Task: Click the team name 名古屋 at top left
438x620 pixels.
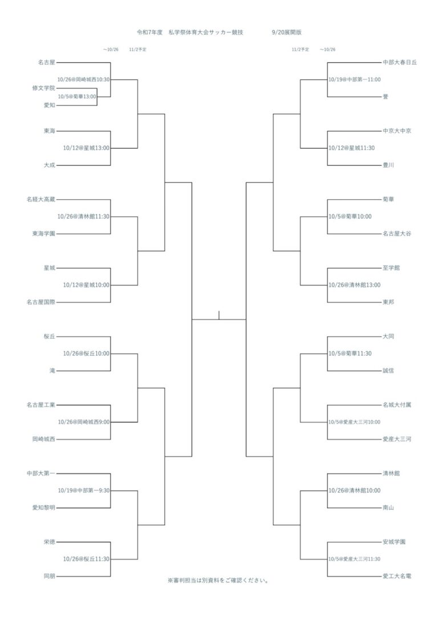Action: point(47,62)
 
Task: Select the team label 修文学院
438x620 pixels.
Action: point(44,88)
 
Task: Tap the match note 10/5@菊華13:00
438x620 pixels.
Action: point(77,96)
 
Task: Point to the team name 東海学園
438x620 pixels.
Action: point(44,233)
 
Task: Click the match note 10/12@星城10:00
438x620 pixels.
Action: point(87,285)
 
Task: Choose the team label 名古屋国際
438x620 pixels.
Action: point(41,302)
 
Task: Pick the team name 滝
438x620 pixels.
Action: point(52,371)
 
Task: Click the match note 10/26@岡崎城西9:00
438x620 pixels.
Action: point(84,422)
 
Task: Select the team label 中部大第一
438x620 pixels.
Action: point(41,473)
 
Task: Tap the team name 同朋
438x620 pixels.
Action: point(50,576)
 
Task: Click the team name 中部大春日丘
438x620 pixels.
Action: point(400,62)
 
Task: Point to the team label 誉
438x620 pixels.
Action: point(386,96)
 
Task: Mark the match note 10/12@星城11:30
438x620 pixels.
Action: point(352,148)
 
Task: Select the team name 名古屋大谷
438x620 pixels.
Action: point(397,233)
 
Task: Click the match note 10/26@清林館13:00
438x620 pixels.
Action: point(355,285)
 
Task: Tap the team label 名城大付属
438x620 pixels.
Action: point(397,405)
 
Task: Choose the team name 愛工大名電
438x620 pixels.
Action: point(397,576)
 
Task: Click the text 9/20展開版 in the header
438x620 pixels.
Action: point(287,33)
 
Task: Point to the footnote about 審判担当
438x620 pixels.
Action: point(218,581)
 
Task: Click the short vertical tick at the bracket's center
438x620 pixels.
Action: point(219,315)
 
